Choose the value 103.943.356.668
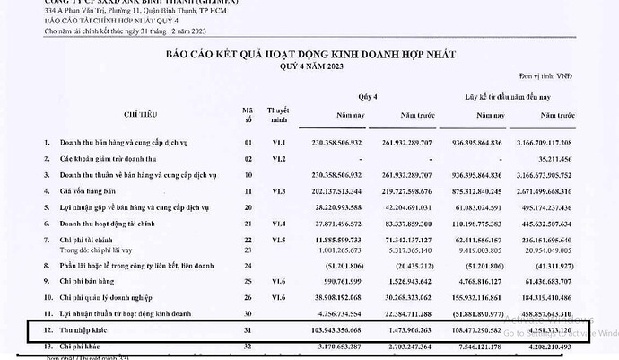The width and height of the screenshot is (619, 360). tap(349, 330)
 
